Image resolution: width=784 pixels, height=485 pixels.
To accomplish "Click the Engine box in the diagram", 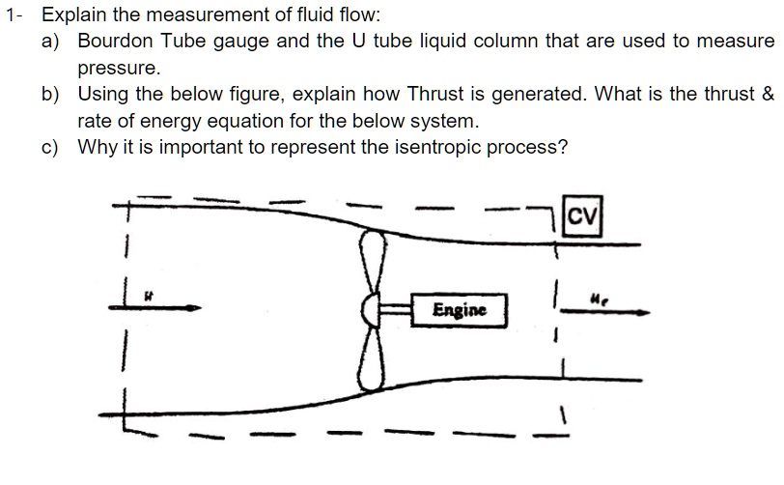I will [x=459, y=310].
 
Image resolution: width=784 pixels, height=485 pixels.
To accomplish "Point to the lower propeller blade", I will [x=368, y=357].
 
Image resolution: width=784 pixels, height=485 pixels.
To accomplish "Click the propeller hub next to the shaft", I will [x=368, y=310].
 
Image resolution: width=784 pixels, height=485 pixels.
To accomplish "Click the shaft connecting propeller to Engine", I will [x=394, y=310].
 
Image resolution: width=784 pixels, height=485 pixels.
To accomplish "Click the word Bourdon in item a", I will [x=117, y=42].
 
